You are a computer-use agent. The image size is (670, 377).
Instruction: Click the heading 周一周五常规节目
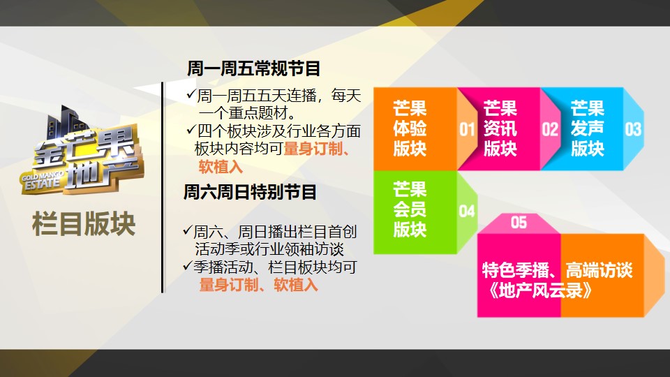pos(253,68)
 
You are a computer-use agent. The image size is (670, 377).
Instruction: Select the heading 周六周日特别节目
pos(250,192)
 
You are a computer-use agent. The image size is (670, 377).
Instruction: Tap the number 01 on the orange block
pos(467,130)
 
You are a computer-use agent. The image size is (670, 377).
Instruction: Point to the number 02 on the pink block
pos(550,130)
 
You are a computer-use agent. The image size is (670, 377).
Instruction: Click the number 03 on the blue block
pos(633,129)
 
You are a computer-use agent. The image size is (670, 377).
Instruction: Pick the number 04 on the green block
pos(467,211)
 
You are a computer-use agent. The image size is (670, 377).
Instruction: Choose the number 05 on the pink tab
pos(519,223)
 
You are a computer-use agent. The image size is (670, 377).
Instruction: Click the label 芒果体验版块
pos(410,128)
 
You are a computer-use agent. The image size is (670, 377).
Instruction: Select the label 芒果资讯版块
pos(500,128)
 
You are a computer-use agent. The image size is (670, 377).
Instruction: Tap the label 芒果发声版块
pos(588,128)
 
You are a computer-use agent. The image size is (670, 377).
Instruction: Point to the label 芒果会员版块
pos(410,209)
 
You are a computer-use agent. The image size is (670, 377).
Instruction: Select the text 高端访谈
pos(599,270)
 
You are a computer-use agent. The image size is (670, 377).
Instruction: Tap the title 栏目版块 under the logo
pos(84,223)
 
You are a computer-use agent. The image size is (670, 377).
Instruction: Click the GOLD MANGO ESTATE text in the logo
pos(42,180)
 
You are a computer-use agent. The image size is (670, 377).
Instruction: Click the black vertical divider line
pos(163,187)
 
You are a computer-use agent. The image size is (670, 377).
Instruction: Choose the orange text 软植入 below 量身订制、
pos(221,167)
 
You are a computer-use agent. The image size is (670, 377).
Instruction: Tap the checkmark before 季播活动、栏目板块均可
pos(188,265)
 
